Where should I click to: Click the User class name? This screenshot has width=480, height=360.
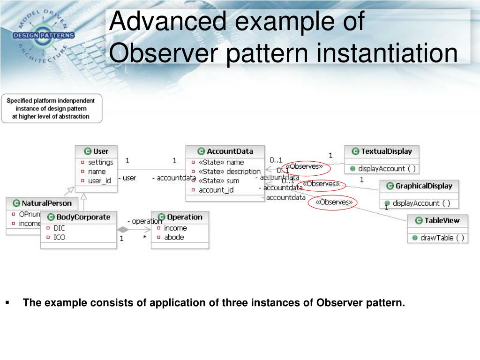101,151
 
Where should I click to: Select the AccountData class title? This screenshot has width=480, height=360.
230,151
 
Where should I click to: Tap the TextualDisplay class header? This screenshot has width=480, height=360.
386,151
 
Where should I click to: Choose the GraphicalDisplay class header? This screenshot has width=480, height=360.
423,186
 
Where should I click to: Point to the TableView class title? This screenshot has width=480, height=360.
442,220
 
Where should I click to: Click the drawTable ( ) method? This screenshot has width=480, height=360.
442,238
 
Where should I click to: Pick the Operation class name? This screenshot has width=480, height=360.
184,217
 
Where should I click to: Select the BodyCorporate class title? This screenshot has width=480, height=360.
83,217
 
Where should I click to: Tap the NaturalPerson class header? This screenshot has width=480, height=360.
46,203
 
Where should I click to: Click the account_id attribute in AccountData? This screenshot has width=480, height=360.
216,190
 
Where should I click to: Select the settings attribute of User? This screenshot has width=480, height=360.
100,162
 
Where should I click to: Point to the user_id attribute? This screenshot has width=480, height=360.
99,180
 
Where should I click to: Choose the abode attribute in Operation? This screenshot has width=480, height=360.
174,237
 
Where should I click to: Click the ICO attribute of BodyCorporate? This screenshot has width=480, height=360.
60,237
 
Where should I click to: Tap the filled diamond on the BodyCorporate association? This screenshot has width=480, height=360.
123,230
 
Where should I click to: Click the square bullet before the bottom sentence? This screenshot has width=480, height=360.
8,303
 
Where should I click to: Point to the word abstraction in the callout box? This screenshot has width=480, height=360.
70,116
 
